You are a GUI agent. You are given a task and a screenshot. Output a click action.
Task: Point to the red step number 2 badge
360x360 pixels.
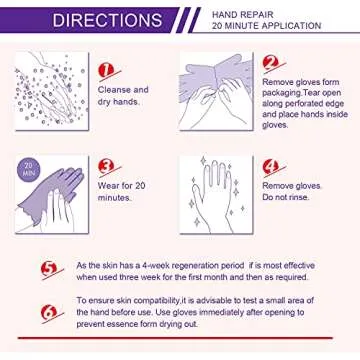(270, 63)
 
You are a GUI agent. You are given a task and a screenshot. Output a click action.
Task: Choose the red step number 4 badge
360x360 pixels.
(270, 167)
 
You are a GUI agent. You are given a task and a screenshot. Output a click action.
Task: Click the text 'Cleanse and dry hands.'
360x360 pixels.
(126, 95)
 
